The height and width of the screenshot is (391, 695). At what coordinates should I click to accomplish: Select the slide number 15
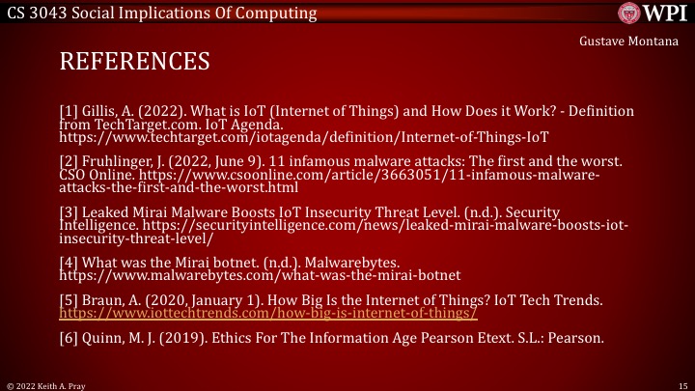point(681,384)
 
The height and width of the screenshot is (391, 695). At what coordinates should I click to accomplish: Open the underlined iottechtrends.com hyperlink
point(268,315)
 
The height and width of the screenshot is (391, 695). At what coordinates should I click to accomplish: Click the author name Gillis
point(98,111)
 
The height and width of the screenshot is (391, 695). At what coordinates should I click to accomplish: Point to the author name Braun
point(100,301)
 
